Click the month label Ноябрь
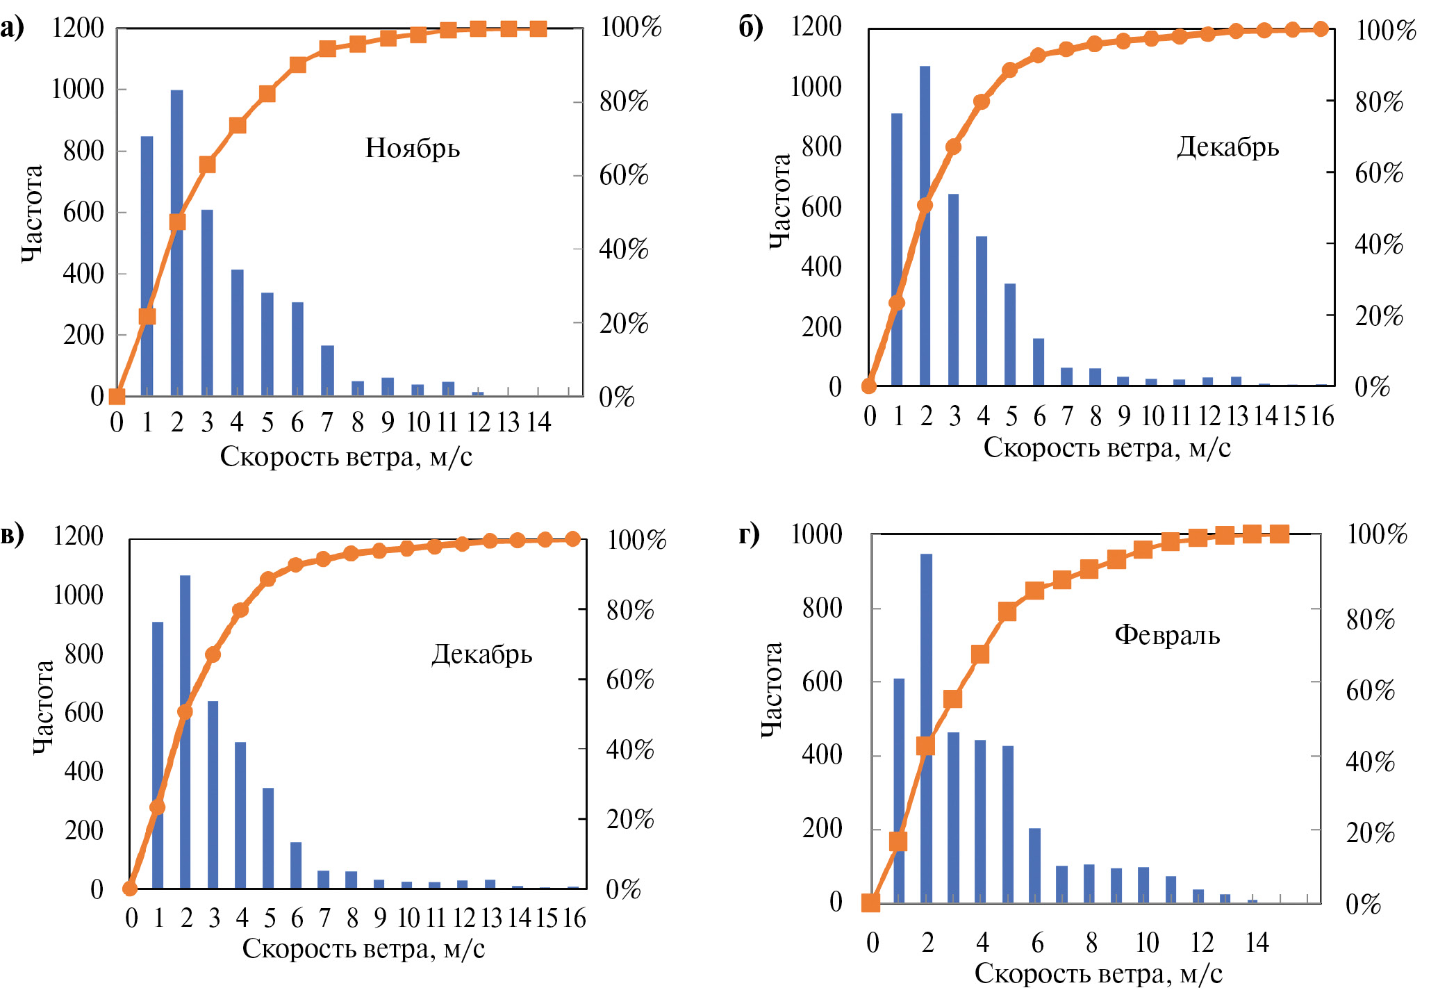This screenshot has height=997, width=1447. coord(413,148)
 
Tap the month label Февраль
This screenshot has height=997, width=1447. coord(1167,635)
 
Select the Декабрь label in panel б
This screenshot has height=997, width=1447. coord(1227,147)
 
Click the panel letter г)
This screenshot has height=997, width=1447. coord(750,534)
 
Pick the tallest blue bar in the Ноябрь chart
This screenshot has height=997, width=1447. coord(177,243)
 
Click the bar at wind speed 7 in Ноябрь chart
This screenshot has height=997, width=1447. coord(327,370)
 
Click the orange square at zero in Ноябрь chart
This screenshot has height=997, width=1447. coord(117,397)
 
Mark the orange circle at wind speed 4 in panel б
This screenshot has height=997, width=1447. coord(982,101)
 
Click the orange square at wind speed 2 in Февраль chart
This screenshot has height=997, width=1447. coord(926,746)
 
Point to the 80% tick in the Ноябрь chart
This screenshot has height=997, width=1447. coord(623,102)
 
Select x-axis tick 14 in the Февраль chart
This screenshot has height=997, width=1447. coord(1257,943)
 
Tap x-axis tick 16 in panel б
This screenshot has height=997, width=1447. coord(1322,416)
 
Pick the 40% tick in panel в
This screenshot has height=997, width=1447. coord(629,750)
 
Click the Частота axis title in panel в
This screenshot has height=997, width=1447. coord(43,707)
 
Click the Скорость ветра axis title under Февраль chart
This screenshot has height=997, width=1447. coord(1098,974)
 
